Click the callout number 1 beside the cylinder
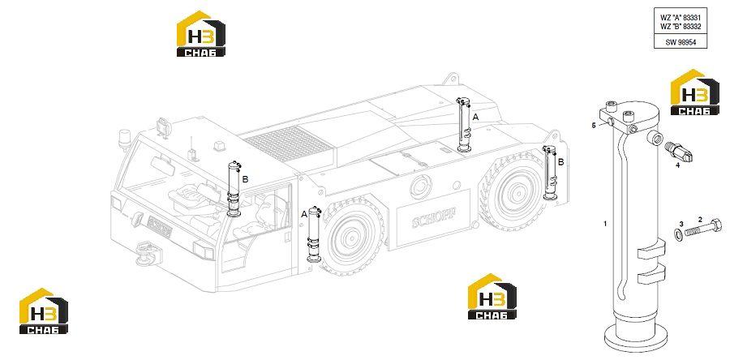tap(605, 224)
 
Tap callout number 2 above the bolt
tap(700, 219)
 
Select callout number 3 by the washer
tap(681, 224)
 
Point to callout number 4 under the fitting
tap(677, 165)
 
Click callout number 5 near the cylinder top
tap(594, 125)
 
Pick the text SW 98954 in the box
tap(680, 42)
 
